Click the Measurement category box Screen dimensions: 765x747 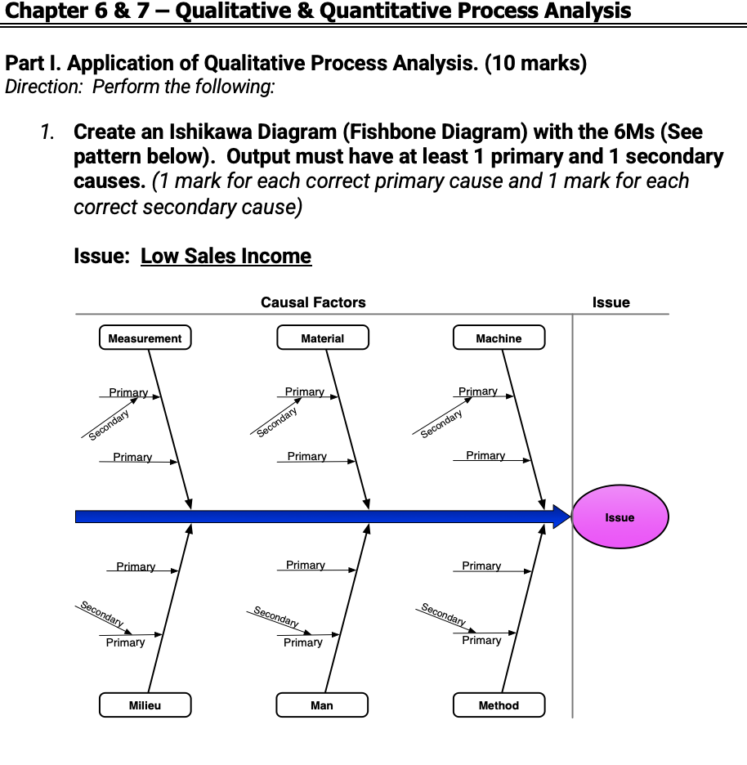pos(145,338)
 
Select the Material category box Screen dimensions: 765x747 pos(323,338)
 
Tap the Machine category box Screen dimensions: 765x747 pos(499,338)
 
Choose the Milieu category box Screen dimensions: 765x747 pos(145,705)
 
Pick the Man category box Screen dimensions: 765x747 pos(322,705)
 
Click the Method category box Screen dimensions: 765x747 pos(499,705)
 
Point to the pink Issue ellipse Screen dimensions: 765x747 pos(620,517)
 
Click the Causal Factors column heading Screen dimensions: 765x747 pos(313,302)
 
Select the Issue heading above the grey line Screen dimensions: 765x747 pos(611,302)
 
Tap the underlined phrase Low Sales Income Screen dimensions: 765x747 pos(226,256)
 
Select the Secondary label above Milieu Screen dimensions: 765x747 pos(101,614)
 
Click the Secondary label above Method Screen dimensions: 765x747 pos(443,615)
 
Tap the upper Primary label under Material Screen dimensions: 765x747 pos(304,392)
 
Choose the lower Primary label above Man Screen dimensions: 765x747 pos(302,643)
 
